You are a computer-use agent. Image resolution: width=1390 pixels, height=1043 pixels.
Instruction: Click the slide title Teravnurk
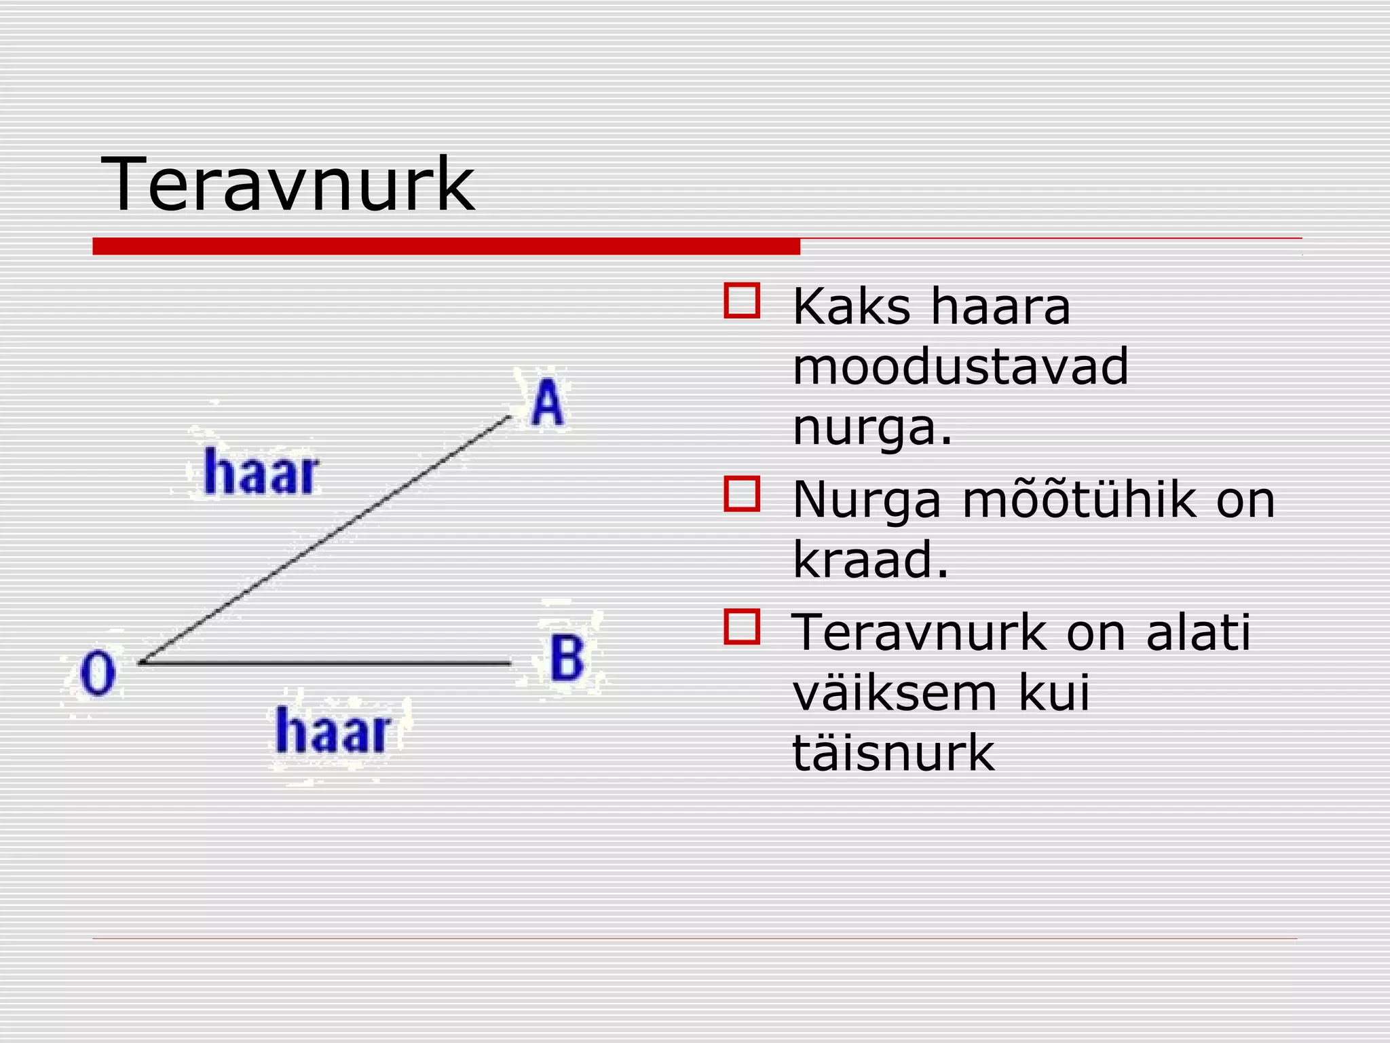pyautogui.click(x=288, y=185)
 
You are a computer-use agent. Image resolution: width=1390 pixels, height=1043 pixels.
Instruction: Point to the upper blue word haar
pyautogui.click(x=261, y=471)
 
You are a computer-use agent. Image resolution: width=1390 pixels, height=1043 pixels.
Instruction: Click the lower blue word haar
pyautogui.click(x=333, y=731)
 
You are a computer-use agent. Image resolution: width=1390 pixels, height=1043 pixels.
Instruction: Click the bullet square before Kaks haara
pyautogui.click(x=742, y=301)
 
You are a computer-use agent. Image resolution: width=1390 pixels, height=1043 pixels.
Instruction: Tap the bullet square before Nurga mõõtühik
pyautogui.click(x=742, y=494)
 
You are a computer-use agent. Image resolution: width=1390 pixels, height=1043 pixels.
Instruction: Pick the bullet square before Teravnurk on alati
pyautogui.click(x=742, y=627)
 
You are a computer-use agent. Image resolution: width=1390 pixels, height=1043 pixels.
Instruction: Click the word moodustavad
pyautogui.click(x=960, y=367)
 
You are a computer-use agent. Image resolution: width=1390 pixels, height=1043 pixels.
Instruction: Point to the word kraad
pyautogui.click(x=869, y=560)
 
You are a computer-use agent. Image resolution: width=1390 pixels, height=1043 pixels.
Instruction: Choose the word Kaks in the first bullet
pyautogui.click(x=851, y=306)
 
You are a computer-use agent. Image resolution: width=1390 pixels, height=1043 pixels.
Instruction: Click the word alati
pyautogui.click(x=1198, y=632)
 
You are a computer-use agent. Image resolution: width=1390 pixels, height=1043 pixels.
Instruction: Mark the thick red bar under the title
pyautogui.click(x=446, y=246)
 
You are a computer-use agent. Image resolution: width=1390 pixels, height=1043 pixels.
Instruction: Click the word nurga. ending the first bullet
pyautogui.click(x=872, y=428)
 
